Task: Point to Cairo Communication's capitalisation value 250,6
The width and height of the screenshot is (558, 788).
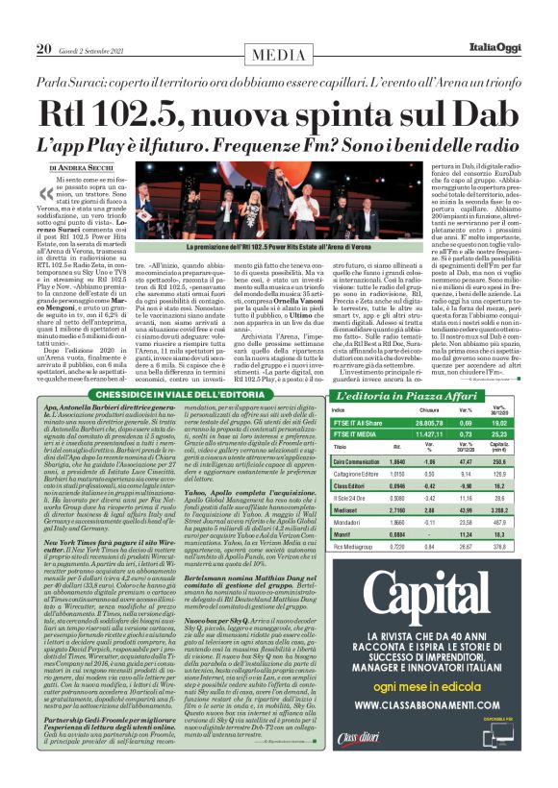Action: pyautogui.click(x=530, y=461)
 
